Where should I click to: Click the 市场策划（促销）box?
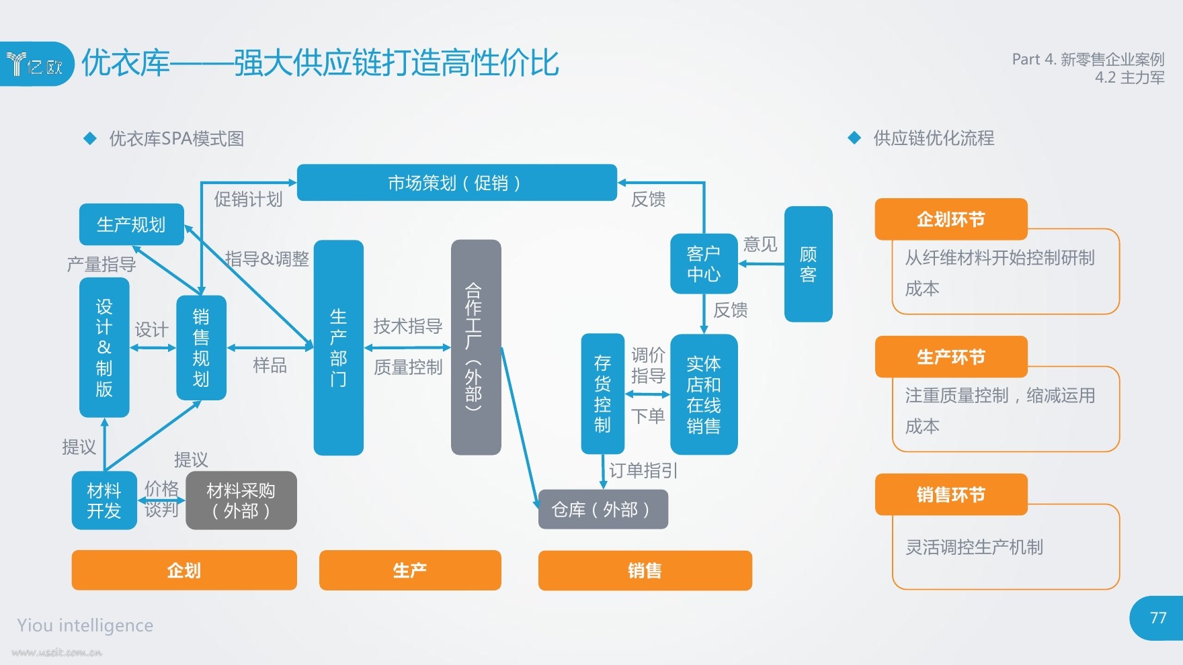[457, 183]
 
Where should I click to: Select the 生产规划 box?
[132, 224]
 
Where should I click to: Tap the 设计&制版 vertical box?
[104, 347]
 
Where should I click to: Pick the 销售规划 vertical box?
[201, 347]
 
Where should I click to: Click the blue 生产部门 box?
[339, 347]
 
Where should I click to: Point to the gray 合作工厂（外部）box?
[476, 347]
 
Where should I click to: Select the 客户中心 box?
[704, 263]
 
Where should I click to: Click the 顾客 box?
[809, 264]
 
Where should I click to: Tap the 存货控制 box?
[603, 394]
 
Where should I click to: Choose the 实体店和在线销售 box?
[704, 394]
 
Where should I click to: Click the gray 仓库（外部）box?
[603, 509]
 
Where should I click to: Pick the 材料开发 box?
[104, 500]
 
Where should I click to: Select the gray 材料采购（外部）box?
[241, 500]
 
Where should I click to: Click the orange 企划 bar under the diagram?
[184, 570]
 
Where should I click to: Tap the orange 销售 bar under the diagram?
[645, 570]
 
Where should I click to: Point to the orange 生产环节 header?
[951, 357]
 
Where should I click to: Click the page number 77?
[1158, 618]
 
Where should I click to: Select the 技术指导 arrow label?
[408, 326]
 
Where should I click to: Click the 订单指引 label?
[643, 470]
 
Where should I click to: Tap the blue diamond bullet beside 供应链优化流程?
[854, 138]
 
